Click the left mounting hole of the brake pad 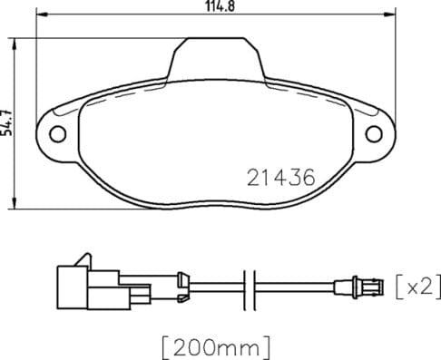pyautogui.click(x=59, y=135)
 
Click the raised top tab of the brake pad pyautogui.click(x=216, y=56)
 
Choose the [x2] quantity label pyautogui.click(x=417, y=287)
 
